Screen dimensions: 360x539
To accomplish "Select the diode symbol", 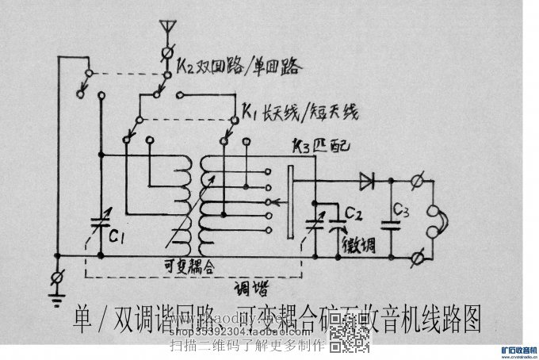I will (x=366, y=181).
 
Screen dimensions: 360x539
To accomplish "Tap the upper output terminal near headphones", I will (x=421, y=181).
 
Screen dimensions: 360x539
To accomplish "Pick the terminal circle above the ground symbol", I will (x=55, y=278).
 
